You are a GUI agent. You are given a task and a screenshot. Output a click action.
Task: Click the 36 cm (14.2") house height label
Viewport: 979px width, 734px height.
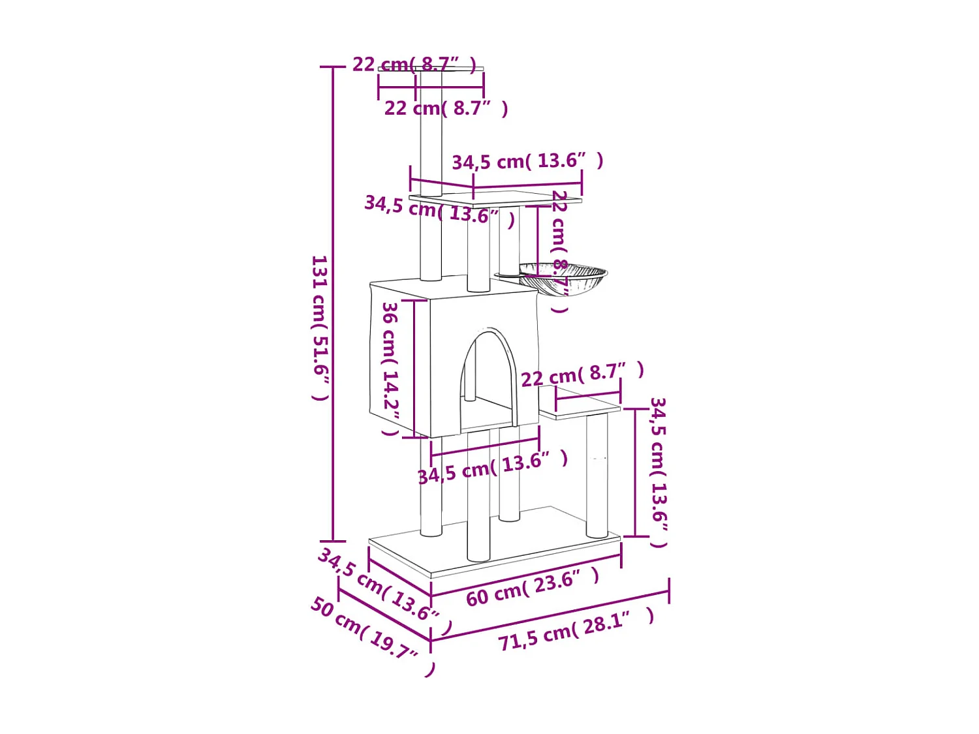[x=390, y=369]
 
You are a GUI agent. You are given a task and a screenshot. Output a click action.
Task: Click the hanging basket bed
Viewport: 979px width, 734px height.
[x=563, y=278]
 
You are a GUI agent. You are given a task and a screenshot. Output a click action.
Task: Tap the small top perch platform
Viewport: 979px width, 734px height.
[x=431, y=69]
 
